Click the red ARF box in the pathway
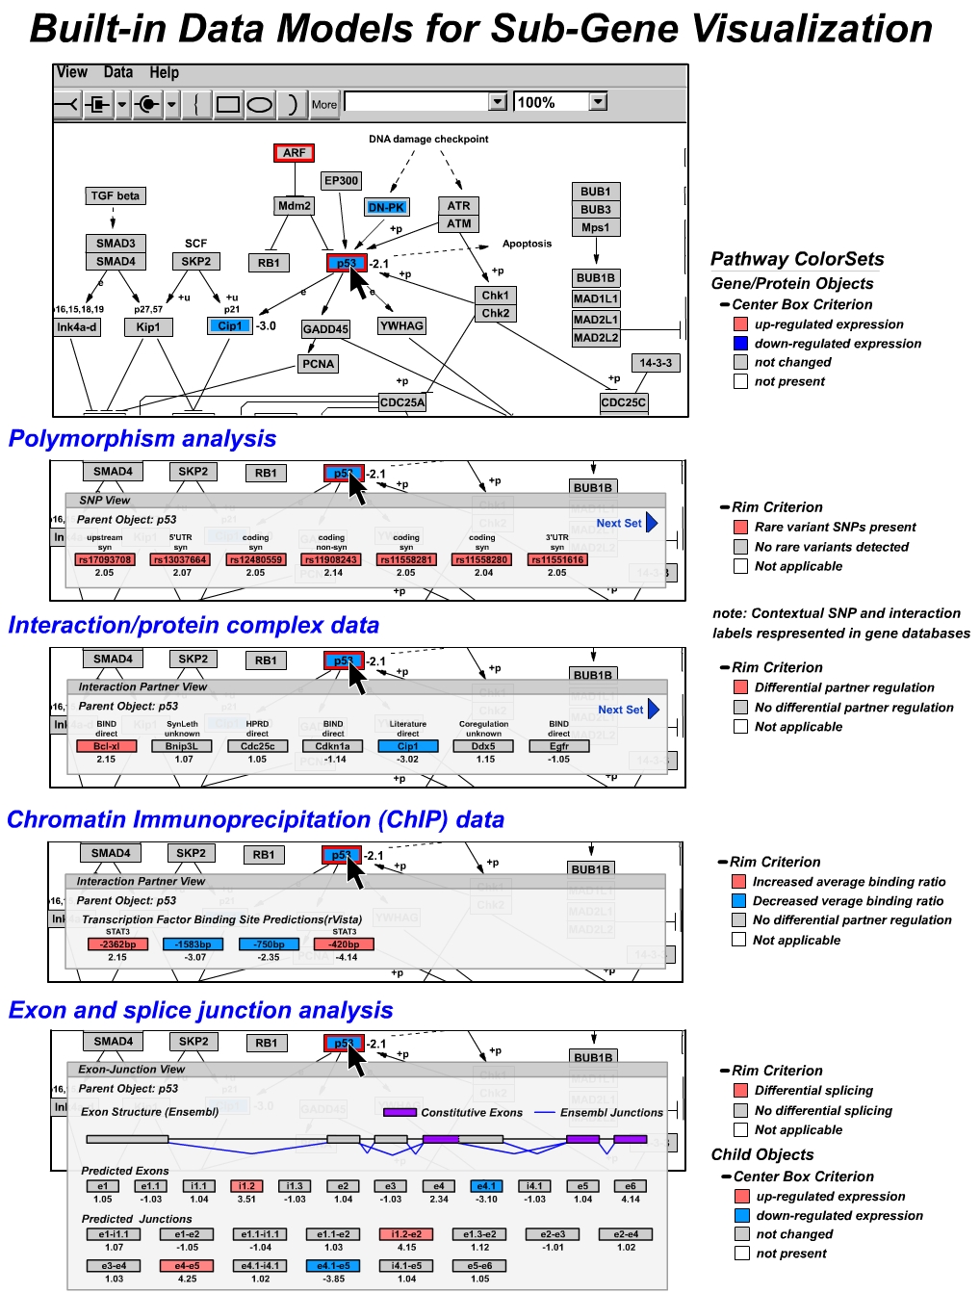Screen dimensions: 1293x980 coord(294,153)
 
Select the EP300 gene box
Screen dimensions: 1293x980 coord(342,180)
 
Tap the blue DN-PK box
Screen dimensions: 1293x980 coord(387,207)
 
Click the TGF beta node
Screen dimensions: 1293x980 coord(116,195)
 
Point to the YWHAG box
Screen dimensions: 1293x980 coord(401,326)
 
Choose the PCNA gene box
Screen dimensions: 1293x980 coord(319,364)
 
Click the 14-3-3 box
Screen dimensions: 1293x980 coord(656,363)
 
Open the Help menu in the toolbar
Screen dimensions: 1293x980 coord(164,72)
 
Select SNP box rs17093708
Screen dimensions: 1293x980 coord(104,559)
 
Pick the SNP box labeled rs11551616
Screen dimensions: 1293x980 coord(557,559)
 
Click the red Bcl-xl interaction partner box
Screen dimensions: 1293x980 coord(106,746)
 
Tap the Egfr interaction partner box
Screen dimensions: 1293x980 coord(559,746)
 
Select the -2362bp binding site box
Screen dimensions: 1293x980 coord(117,944)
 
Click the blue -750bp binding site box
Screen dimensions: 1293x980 coord(269,944)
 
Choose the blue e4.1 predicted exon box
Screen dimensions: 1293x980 coord(486,1186)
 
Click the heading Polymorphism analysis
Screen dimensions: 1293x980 coord(142,439)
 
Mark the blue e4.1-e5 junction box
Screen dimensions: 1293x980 coord(333,1266)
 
